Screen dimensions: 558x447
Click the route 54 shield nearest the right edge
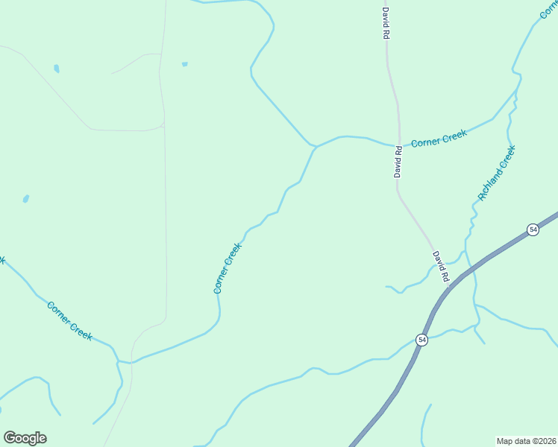coord(533,229)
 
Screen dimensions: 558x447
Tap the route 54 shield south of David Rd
coord(422,340)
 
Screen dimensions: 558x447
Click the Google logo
coord(25,438)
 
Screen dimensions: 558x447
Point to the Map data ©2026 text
coord(526,440)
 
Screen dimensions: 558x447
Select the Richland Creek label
coord(497,173)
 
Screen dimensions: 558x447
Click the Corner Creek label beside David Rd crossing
coord(439,139)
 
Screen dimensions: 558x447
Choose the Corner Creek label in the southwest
coord(69,320)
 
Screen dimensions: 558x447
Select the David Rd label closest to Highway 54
coord(441,266)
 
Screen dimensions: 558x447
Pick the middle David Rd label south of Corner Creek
coord(398,162)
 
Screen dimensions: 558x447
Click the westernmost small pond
coord(26,199)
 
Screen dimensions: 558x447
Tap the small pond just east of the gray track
coord(184,64)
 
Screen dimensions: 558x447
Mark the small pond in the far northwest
coord(57,69)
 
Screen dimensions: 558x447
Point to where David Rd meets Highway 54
coord(454,282)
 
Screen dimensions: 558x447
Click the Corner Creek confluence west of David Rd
coord(316,146)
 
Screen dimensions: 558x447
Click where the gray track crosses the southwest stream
coord(132,362)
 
